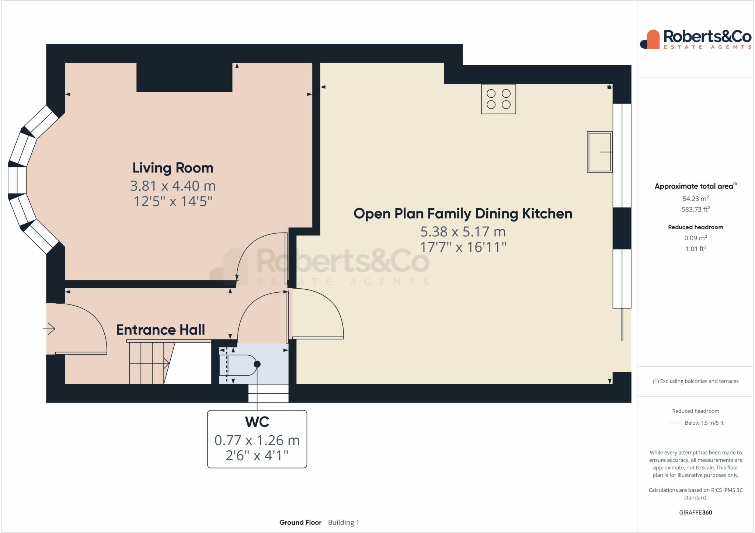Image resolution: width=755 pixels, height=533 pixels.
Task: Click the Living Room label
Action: (173, 168)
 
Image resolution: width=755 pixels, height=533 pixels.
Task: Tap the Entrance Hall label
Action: (160, 330)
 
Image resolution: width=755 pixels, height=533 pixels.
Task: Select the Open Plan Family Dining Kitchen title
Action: (463, 214)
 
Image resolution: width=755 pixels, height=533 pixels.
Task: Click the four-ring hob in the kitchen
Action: (498, 99)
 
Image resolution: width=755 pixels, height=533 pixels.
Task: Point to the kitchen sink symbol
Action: (600, 152)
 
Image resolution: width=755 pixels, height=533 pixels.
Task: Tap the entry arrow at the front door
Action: (49, 328)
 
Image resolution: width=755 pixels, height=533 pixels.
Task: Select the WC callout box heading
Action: (257, 421)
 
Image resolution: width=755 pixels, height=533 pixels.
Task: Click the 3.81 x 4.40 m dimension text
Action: (173, 186)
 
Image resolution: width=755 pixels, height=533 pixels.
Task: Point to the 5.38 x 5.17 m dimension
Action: (463, 231)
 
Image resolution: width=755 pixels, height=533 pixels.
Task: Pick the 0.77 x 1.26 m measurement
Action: (257, 440)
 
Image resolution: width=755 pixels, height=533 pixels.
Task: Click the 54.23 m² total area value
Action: (696, 199)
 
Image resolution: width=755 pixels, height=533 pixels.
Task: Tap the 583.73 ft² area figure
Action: (696, 209)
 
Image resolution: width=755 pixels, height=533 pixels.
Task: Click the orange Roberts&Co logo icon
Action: (650, 39)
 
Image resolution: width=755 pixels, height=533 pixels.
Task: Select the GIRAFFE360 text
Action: (696, 512)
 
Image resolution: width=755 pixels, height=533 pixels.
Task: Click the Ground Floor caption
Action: (300, 522)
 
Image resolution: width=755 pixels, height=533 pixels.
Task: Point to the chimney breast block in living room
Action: (184, 77)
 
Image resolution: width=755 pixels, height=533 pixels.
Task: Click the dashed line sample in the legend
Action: (674, 423)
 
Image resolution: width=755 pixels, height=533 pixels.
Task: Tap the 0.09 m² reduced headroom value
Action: (696, 238)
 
